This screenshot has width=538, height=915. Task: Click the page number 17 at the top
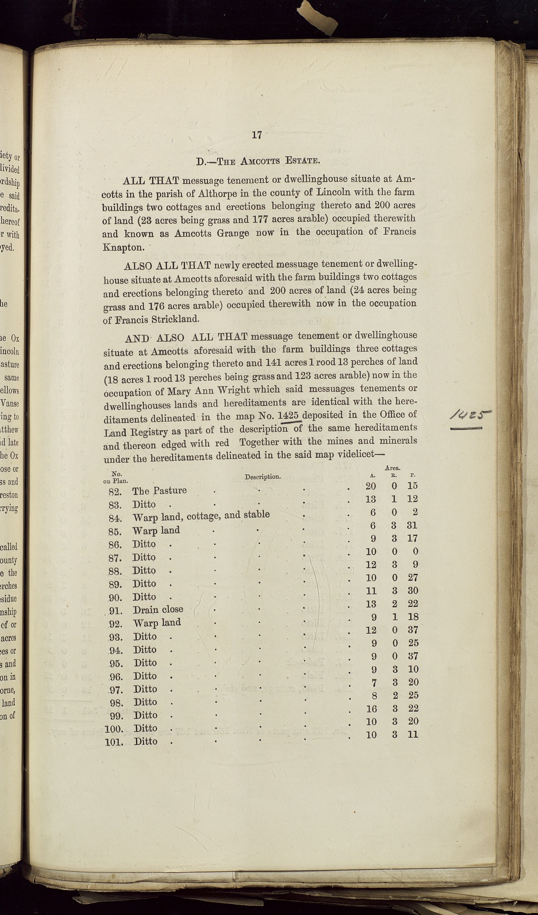(257, 135)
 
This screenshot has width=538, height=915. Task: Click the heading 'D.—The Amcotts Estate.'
(258, 161)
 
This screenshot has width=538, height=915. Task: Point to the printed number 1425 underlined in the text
(290, 415)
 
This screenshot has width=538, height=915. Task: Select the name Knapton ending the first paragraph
(123, 248)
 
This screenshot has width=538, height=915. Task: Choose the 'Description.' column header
(262, 477)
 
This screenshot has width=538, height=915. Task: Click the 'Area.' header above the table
(392, 468)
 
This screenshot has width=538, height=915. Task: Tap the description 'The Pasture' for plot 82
(159, 490)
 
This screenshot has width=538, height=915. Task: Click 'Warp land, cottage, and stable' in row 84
(201, 515)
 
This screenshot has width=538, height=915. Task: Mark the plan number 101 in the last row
(114, 742)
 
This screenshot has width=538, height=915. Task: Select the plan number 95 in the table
(117, 663)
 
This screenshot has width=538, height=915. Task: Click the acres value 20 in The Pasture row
(371, 486)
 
